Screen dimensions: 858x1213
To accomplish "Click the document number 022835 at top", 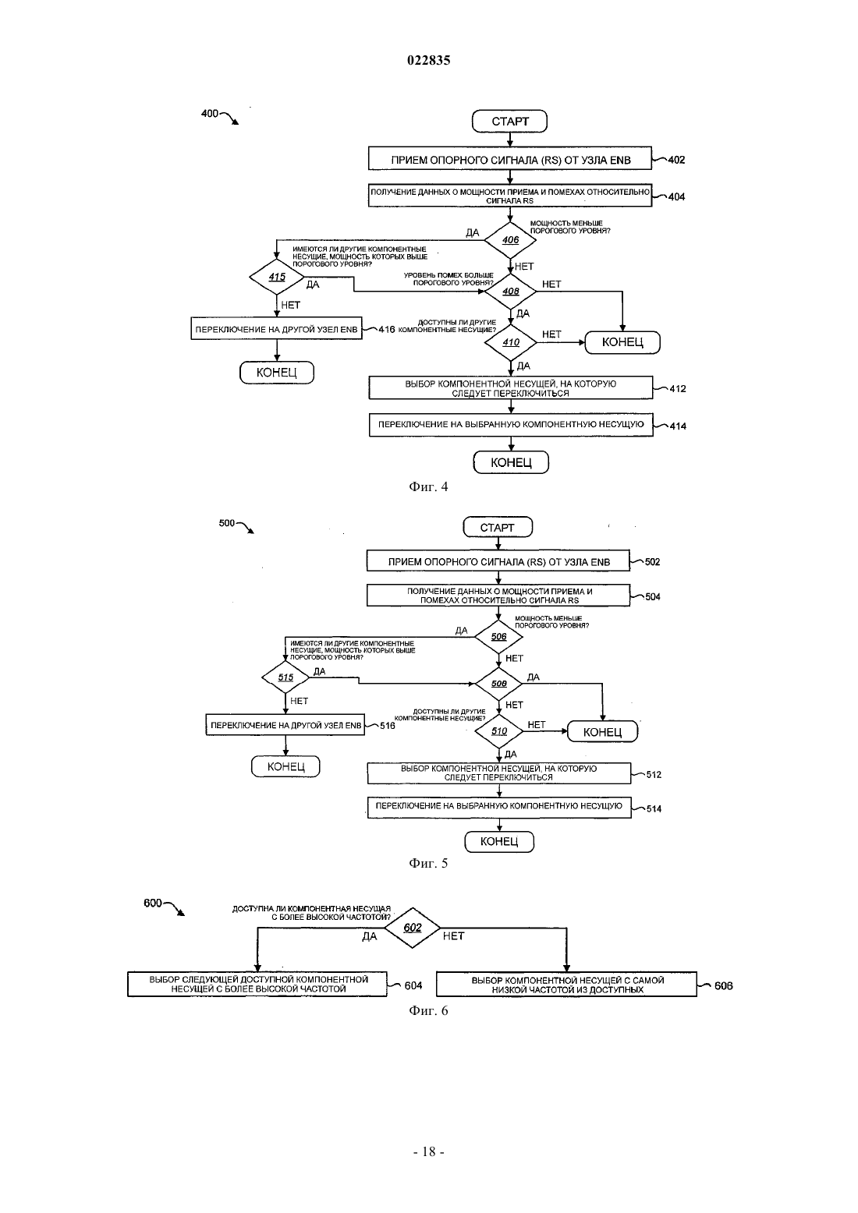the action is point(428,60).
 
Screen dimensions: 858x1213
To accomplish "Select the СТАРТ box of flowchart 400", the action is point(509,122).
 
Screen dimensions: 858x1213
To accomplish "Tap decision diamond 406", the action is point(510,240).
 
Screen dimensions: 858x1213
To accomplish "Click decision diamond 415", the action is point(277,277).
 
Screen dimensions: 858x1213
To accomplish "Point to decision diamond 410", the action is point(510,342).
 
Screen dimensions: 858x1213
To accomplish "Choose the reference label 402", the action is point(676,160).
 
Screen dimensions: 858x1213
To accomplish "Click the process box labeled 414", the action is point(511,425).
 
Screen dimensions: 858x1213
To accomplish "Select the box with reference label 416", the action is point(276,329).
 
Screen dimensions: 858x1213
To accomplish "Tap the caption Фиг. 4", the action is point(428,486).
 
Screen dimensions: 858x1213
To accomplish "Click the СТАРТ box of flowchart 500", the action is point(498,527).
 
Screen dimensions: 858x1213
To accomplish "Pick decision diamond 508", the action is point(498,684).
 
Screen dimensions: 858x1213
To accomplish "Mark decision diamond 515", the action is point(285,677).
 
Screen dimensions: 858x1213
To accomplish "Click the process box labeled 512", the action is point(499,773).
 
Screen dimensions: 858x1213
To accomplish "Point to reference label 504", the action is point(653,596).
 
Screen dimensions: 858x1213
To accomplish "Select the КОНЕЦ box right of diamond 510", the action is point(602,731).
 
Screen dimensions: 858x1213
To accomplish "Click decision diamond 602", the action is point(412,928).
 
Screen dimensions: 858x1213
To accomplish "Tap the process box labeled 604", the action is point(257,984).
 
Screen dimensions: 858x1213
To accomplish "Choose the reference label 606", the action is point(723,985).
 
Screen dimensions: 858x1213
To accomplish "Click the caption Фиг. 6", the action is point(428,1010).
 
